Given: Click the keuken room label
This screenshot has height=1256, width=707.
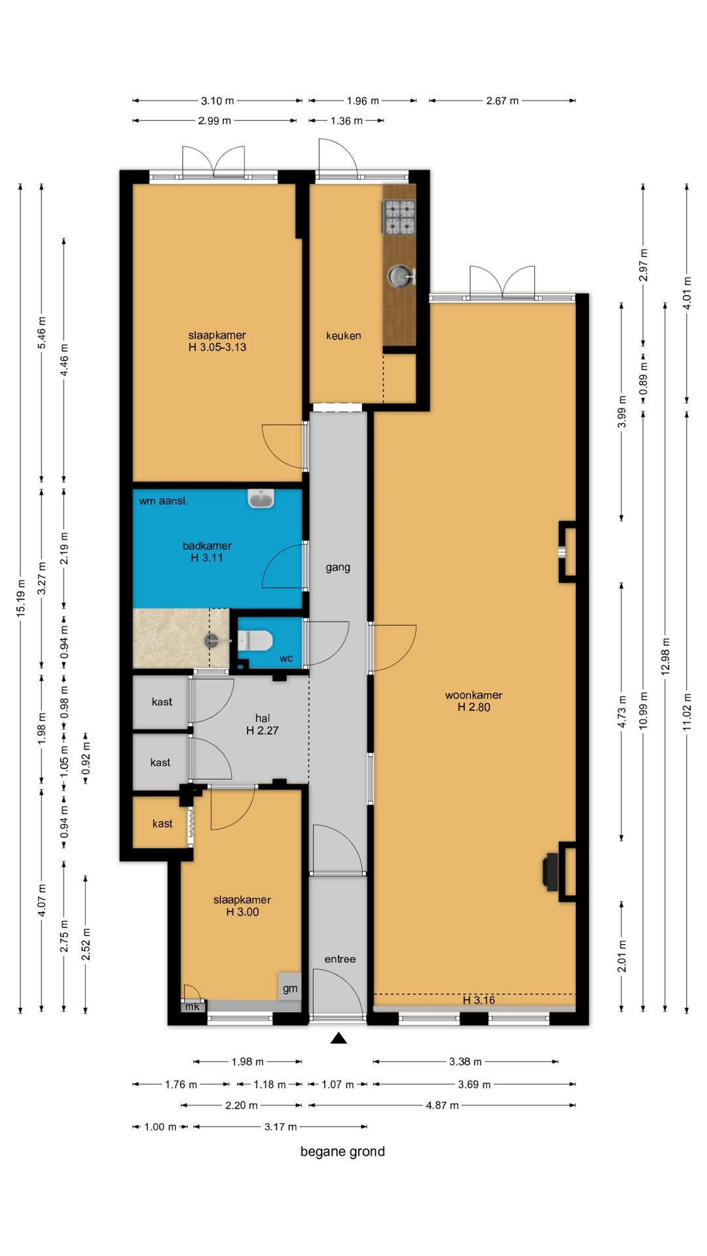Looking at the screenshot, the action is click(x=344, y=336).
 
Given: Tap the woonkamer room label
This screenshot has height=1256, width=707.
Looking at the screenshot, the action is click(x=474, y=695).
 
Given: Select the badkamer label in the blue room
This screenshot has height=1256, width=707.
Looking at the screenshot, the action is click(x=207, y=546).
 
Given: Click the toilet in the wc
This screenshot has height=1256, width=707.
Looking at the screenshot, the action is click(x=255, y=640).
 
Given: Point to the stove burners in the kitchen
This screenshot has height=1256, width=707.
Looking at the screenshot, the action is click(x=399, y=217).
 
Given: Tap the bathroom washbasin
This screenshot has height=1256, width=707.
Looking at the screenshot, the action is click(x=261, y=499).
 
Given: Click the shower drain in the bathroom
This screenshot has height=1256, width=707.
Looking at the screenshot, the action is click(x=211, y=641).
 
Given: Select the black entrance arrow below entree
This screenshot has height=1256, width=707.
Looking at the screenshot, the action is click(x=338, y=1038).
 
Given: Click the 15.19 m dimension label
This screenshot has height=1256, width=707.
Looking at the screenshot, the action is click(x=21, y=598).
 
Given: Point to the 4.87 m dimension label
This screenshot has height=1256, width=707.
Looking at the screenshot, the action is click(x=443, y=1105).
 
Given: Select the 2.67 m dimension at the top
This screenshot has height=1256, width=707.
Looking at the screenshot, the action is click(x=502, y=101).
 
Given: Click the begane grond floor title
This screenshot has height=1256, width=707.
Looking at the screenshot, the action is click(x=342, y=1151).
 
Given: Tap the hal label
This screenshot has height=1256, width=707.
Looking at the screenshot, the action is click(x=263, y=718).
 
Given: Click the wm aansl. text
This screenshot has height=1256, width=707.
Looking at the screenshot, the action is click(x=164, y=501).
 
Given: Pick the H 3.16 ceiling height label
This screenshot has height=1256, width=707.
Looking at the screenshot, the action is click(x=479, y=1000).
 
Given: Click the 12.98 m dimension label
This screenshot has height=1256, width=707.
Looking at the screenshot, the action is click(x=665, y=657).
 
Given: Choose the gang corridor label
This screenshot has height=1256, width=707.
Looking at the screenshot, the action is click(x=338, y=568).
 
